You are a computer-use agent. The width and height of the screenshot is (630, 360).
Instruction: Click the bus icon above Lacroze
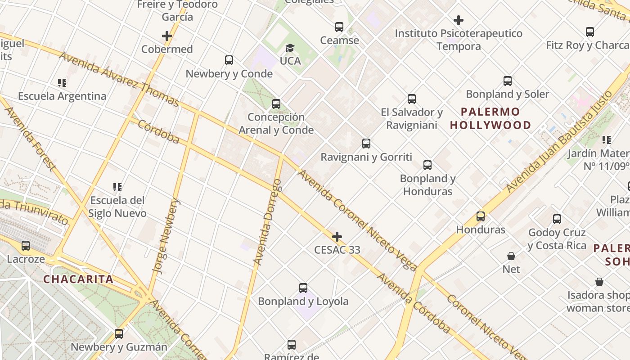(x=26, y=246)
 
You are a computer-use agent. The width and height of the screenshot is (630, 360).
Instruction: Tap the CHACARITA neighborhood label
(x=78, y=279)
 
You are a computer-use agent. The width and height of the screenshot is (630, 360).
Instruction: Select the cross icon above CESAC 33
(x=337, y=237)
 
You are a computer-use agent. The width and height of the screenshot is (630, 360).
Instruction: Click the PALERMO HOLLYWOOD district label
(x=490, y=118)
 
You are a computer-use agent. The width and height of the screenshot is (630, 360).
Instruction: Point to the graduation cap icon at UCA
(x=290, y=48)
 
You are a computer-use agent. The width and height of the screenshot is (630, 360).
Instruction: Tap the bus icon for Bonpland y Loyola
(x=303, y=288)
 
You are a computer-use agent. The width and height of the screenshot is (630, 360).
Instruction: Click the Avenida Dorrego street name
(x=267, y=221)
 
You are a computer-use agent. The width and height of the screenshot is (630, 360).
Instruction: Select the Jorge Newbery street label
(x=166, y=236)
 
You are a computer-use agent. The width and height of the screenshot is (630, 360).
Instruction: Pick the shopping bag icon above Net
(x=511, y=256)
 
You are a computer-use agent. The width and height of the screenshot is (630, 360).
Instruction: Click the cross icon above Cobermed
(x=167, y=36)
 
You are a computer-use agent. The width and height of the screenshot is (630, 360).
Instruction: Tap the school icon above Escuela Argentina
(x=62, y=83)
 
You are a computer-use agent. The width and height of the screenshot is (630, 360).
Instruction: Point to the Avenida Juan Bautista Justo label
(x=559, y=141)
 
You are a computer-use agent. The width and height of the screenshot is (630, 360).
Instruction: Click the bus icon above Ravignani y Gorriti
(x=366, y=144)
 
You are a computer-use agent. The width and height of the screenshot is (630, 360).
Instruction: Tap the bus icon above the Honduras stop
(x=481, y=216)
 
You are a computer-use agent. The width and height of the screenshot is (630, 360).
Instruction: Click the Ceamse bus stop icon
(x=339, y=27)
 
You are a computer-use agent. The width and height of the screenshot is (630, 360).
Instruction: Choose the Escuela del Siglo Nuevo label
(x=117, y=207)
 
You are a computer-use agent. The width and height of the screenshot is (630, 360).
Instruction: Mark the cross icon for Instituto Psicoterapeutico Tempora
(x=459, y=20)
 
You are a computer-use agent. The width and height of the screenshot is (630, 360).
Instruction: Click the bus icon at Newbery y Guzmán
(x=119, y=334)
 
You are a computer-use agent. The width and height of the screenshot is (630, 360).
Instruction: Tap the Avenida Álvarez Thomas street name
(x=119, y=79)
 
